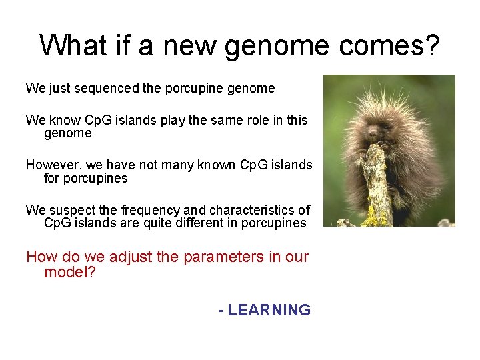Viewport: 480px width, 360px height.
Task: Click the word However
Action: (x=51, y=165)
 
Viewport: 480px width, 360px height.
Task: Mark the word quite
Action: (x=159, y=223)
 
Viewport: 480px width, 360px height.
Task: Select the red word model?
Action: (x=70, y=273)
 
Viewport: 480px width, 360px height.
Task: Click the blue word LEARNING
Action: (x=269, y=310)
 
